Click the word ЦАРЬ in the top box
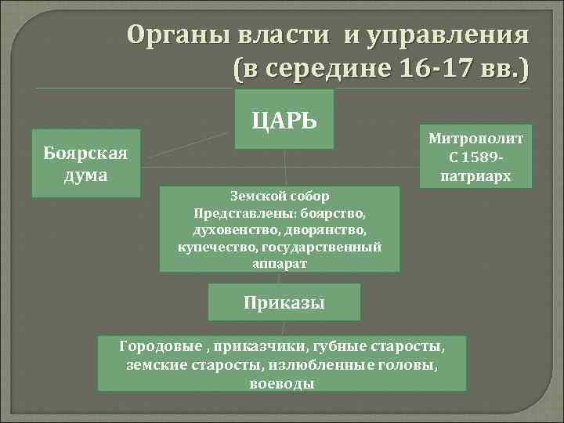click(284, 121)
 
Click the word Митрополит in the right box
click(475, 139)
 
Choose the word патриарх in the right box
click(475, 176)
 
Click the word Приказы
click(284, 302)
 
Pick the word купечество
click(216, 247)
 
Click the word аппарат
click(280, 264)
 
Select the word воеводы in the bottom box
click(282, 383)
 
